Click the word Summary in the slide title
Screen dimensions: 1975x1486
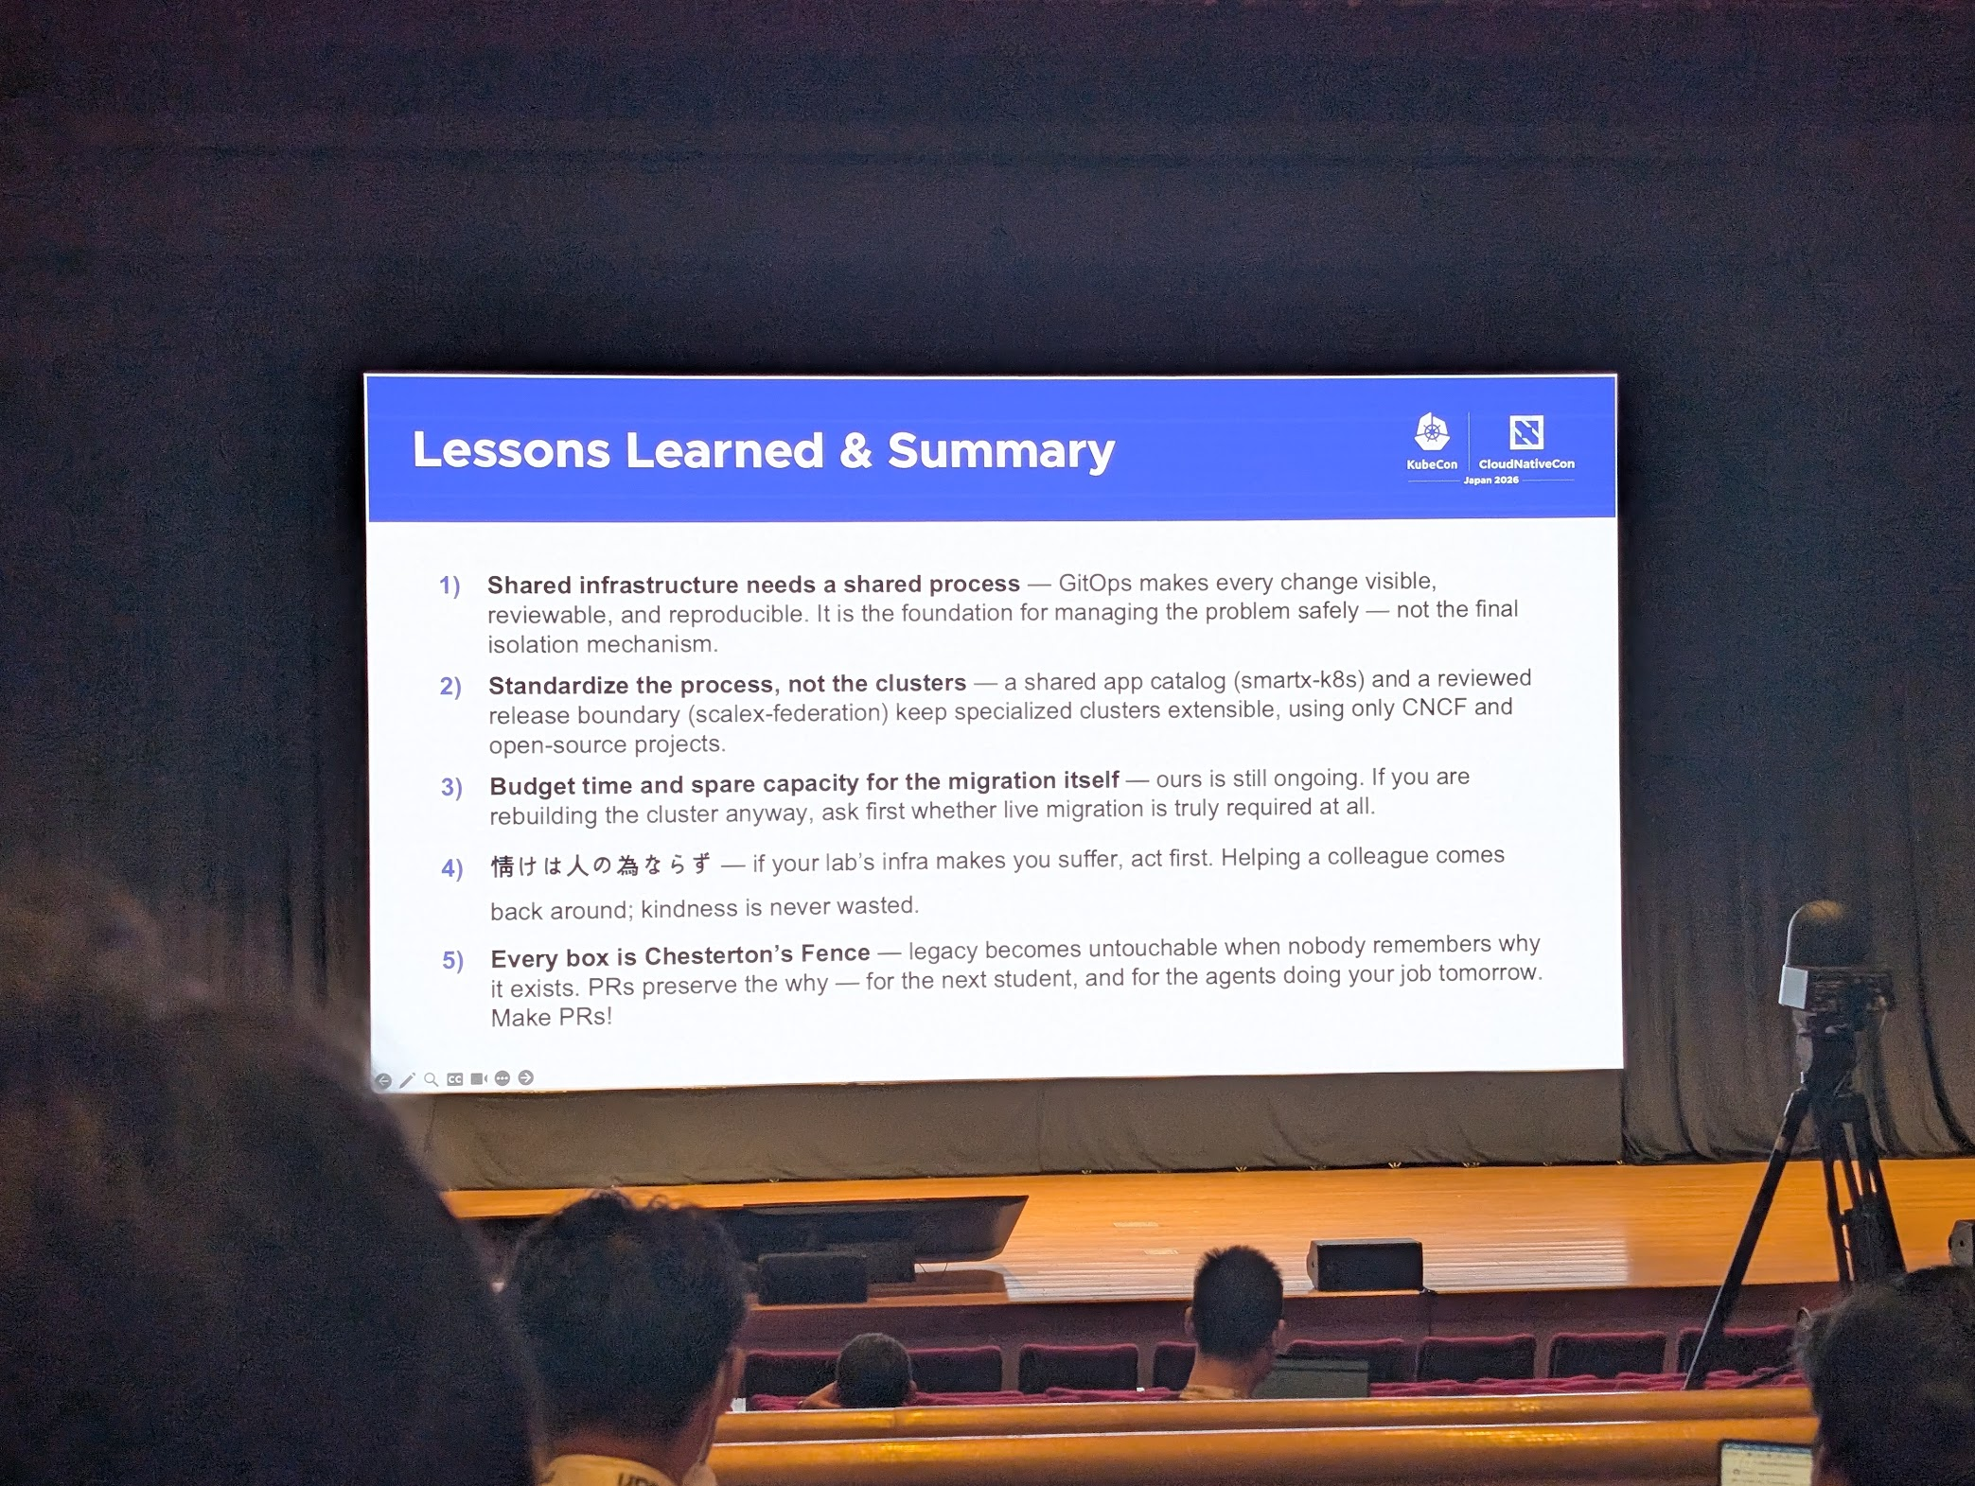tap(1001, 451)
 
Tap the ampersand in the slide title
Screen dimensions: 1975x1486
tap(855, 450)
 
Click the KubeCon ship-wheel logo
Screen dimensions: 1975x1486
tap(1432, 432)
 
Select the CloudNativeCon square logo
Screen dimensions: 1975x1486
tap(1525, 432)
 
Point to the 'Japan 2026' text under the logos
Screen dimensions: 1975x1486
tap(1490, 481)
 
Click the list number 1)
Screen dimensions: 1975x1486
tap(450, 586)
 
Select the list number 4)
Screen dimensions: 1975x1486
tap(452, 868)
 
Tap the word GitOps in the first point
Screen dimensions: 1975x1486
tap(1095, 583)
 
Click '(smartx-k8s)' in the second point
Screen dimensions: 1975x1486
tap(1298, 680)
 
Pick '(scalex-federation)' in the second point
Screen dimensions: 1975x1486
tap(787, 713)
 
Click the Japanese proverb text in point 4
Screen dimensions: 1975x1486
tap(600, 865)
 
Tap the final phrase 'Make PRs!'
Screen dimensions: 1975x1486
tap(551, 1018)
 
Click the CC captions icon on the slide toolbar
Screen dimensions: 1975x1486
tap(455, 1079)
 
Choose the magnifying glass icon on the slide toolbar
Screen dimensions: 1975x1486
tap(432, 1079)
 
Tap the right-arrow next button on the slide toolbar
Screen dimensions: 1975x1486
tap(526, 1078)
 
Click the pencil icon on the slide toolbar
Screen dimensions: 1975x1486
tap(407, 1080)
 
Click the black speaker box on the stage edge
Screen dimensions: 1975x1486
tap(1364, 1265)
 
